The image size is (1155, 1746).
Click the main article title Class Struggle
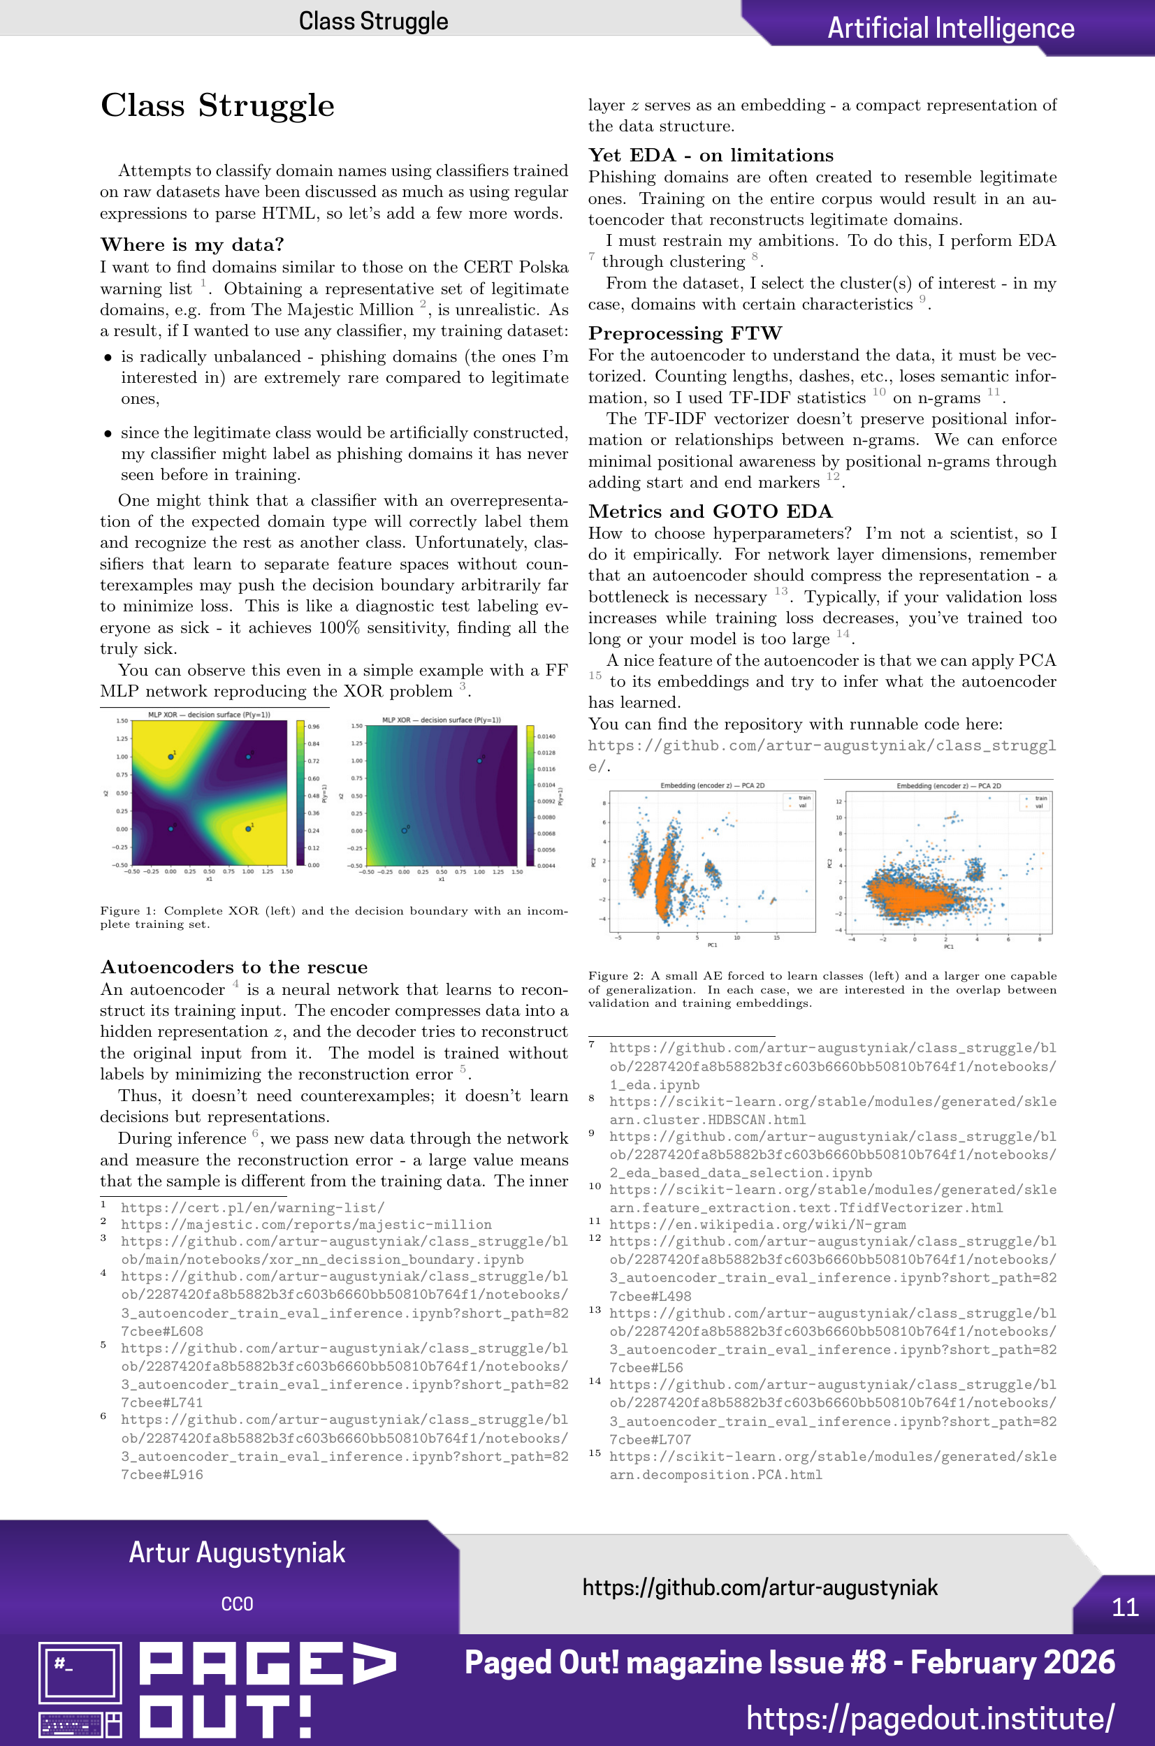(x=217, y=106)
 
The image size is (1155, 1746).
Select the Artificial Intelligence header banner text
(x=950, y=28)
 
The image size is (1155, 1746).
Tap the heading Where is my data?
(x=191, y=245)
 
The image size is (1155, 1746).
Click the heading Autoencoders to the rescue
(x=233, y=967)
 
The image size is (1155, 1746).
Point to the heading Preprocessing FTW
(x=684, y=333)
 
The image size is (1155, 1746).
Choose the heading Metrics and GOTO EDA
(x=710, y=511)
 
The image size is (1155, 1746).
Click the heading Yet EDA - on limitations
(x=710, y=155)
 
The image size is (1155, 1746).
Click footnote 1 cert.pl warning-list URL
(x=252, y=1208)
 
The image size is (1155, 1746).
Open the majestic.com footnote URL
(x=305, y=1225)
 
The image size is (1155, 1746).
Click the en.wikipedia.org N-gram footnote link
(x=757, y=1225)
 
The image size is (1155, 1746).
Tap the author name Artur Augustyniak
(x=236, y=1552)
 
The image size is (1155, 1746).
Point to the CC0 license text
(x=236, y=1604)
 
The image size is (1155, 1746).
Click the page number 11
(x=1124, y=1607)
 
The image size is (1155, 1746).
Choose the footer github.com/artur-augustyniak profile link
(x=760, y=1587)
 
